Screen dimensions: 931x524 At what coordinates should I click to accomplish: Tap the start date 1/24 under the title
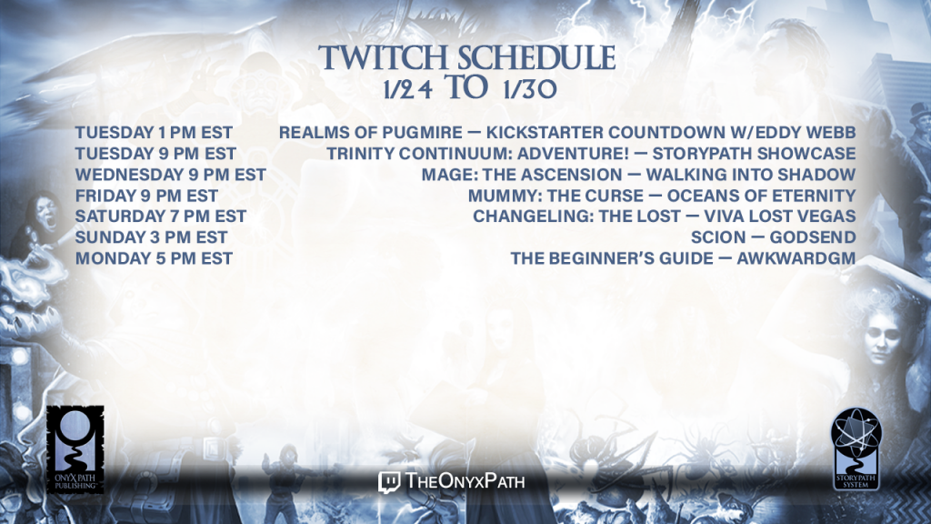407,89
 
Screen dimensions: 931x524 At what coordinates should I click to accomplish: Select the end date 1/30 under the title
530,89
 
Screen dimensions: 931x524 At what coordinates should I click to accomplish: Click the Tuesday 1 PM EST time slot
154,133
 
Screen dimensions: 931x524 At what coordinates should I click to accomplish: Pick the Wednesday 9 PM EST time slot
170,175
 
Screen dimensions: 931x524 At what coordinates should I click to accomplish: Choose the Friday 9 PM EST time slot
146,196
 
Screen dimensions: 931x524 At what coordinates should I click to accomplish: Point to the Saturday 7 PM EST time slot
160,217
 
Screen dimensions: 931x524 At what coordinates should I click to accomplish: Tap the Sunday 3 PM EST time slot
152,237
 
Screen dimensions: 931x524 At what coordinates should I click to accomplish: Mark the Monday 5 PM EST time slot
154,258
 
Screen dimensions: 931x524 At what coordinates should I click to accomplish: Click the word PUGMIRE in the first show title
422,133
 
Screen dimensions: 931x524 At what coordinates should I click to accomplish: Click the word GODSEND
813,237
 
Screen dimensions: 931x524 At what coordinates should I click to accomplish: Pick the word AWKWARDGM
796,258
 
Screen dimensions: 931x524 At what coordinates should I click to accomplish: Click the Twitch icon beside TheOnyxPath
389,482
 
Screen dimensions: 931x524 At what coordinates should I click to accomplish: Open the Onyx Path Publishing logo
75,449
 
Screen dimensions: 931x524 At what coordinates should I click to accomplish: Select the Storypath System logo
856,449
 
